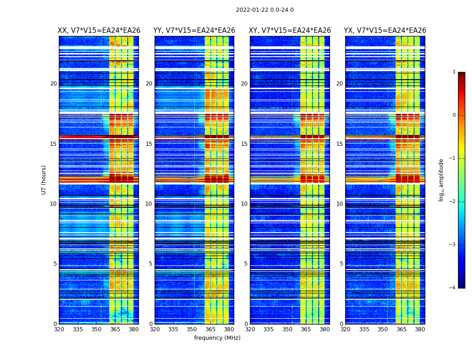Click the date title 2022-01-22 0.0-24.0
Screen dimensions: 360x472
[265, 10]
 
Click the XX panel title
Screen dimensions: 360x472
[99, 31]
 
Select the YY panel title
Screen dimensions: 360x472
[194, 31]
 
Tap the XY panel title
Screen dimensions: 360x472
[290, 31]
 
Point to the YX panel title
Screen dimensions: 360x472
[385, 31]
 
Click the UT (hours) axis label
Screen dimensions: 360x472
[44, 180]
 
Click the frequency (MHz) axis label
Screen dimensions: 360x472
[217, 338]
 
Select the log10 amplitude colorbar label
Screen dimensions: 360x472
[441, 180]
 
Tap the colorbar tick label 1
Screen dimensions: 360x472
[454, 72]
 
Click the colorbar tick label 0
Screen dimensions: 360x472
[454, 115]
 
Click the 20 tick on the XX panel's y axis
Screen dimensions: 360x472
[53, 84]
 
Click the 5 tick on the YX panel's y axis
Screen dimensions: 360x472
[341, 264]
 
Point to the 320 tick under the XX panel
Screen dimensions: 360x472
[59, 329]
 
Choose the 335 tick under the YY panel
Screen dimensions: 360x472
[173, 329]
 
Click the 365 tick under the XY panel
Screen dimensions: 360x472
[306, 329]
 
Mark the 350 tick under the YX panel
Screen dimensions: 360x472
[383, 329]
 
